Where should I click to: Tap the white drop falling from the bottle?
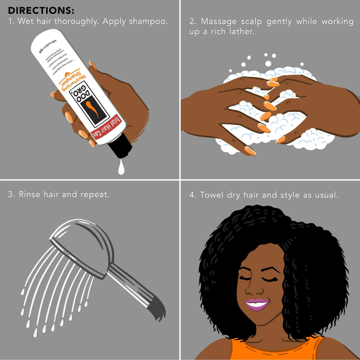pyautogui.click(x=121, y=169)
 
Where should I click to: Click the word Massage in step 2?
pyautogui.click(x=217, y=21)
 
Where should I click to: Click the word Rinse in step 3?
pyautogui.click(x=30, y=194)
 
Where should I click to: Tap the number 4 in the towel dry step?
pyautogui.click(x=192, y=195)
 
